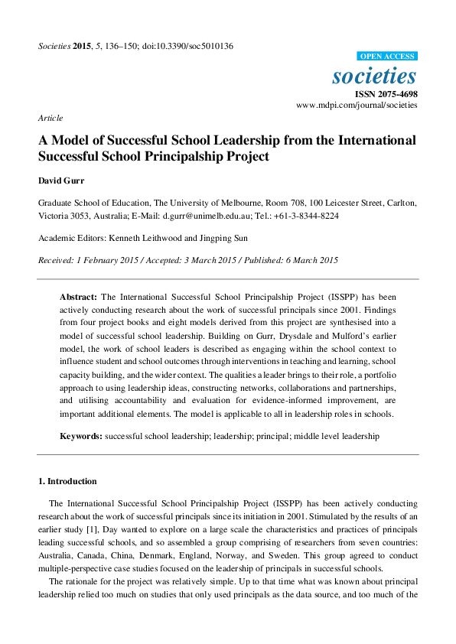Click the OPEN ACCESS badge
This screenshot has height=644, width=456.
coord(388,56)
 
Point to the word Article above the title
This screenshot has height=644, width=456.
coord(50,118)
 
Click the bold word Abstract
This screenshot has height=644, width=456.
coord(79,295)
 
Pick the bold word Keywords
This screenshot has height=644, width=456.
coord(81,435)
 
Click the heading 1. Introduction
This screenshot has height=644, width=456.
coord(67,481)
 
